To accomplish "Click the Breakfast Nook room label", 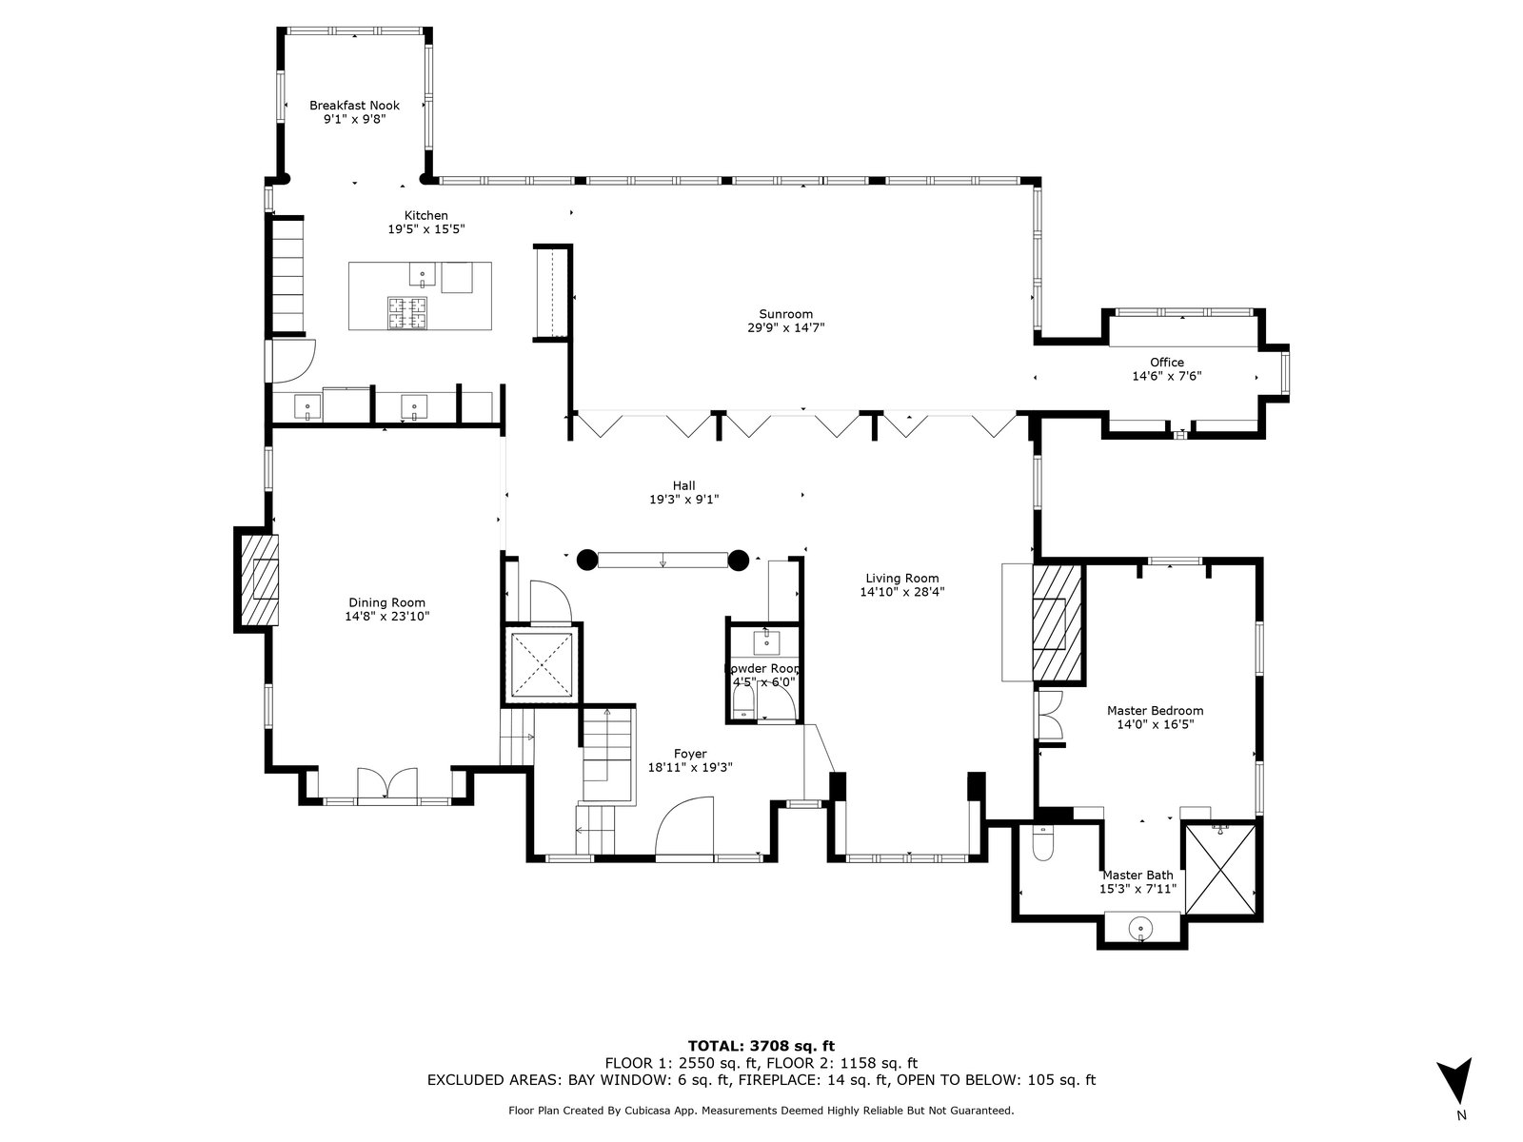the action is click(x=354, y=106).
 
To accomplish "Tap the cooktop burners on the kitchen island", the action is click(x=407, y=312).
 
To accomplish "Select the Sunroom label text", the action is click(x=785, y=314).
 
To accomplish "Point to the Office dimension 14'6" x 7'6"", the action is click(x=1166, y=377).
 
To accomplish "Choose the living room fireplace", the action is click(x=1056, y=623).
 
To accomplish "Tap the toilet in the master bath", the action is click(x=1042, y=842).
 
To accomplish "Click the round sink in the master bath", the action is click(x=1140, y=926).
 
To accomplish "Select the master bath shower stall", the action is click(x=1219, y=870).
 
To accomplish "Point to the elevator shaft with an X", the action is click(x=542, y=664).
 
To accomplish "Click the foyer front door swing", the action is click(x=684, y=828).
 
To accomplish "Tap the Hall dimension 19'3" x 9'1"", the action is click(x=683, y=500).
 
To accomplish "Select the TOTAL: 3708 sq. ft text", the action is click(x=761, y=1046).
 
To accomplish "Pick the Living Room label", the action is click(x=902, y=579).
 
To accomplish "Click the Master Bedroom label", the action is click(x=1155, y=711).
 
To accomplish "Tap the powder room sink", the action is click(x=766, y=642).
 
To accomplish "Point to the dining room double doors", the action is click(x=387, y=783).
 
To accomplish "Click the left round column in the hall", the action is click(x=587, y=560).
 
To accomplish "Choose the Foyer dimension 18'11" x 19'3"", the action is click(x=690, y=768).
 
